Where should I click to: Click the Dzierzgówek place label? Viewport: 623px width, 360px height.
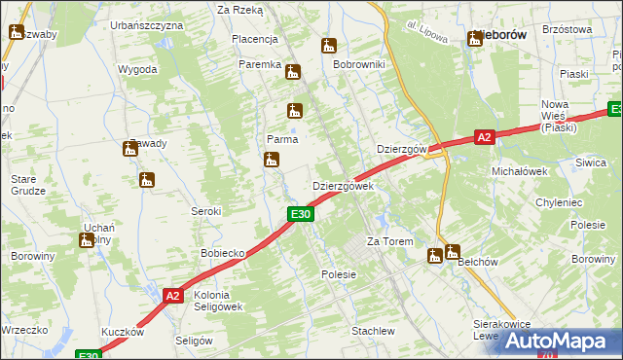tap(342, 186)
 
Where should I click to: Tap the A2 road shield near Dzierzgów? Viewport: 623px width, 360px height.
tap(485, 138)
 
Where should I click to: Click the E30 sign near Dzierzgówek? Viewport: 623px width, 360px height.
tap(301, 214)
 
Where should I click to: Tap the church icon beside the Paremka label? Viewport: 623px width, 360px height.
tap(293, 71)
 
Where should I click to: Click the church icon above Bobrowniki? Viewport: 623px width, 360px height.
tap(329, 45)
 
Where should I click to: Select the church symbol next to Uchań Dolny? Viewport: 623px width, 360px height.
tap(87, 239)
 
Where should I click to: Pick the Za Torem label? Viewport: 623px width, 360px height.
tap(389, 241)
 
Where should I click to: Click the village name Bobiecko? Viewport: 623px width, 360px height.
tap(222, 253)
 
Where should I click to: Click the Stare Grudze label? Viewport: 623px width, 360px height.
tap(28, 185)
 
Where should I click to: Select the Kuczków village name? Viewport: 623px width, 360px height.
tap(122, 332)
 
